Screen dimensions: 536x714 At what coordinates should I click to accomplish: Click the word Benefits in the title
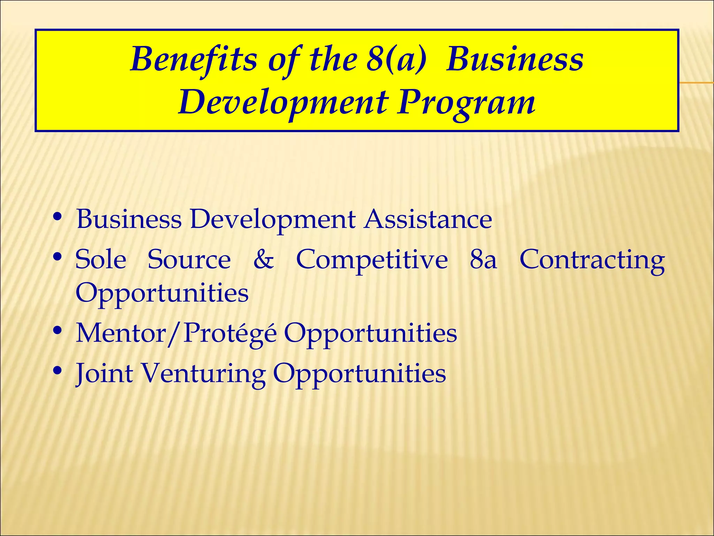[x=193, y=59]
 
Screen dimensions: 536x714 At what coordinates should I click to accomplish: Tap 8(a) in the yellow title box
[x=396, y=59]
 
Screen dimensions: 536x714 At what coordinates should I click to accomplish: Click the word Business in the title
[x=515, y=59]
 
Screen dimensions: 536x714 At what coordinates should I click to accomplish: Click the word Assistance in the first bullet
[x=428, y=219]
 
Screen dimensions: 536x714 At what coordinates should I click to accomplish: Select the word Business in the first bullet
[x=129, y=219]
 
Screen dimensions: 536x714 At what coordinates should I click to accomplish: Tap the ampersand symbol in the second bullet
[x=264, y=260]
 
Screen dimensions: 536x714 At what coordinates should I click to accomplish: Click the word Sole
[x=101, y=260]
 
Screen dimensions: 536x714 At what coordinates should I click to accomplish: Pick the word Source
[x=189, y=260]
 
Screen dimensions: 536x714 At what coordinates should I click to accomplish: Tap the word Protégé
[x=230, y=334]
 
